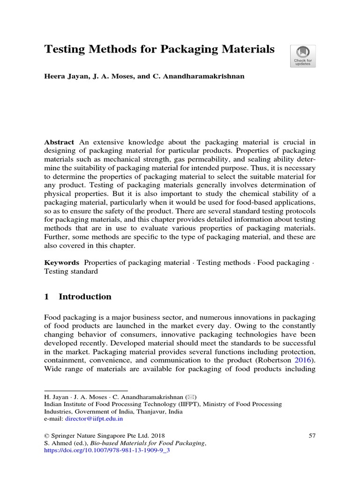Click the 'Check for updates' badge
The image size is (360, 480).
click(x=303, y=56)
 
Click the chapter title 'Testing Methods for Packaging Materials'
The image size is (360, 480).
click(x=159, y=49)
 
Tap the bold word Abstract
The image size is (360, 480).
click(x=59, y=142)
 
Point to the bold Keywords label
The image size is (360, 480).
click(x=61, y=262)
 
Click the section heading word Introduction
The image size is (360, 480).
click(x=85, y=297)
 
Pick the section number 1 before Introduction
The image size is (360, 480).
click(x=47, y=297)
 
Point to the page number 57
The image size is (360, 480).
click(x=312, y=435)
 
